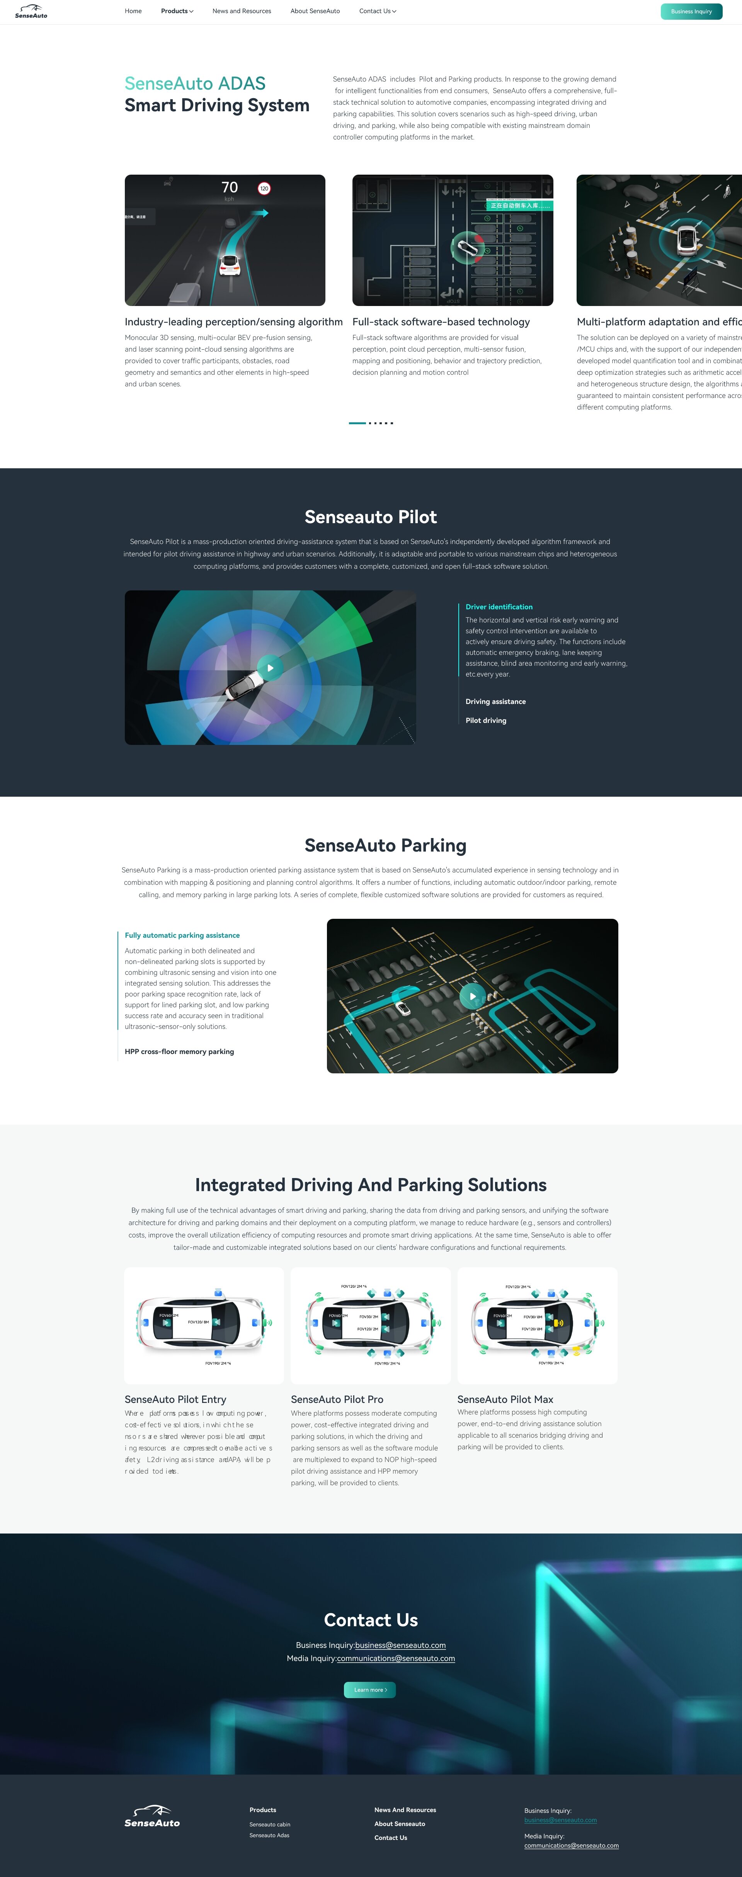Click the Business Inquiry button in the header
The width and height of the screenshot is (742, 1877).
(x=691, y=12)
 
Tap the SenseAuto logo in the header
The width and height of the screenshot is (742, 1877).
(x=31, y=12)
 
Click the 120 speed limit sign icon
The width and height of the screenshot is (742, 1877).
(x=264, y=189)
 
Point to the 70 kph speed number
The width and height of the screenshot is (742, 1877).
(x=230, y=188)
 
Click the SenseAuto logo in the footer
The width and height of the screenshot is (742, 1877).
(x=151, y=1816)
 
